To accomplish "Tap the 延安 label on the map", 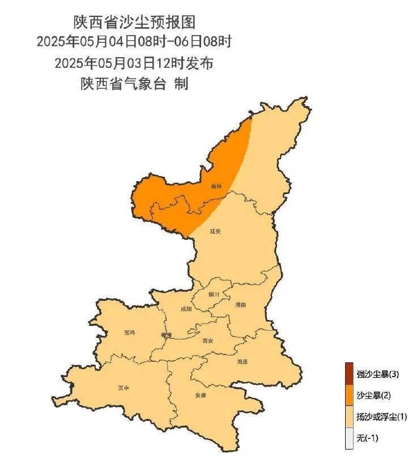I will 215,232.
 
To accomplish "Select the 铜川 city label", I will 214,294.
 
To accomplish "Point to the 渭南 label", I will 240,305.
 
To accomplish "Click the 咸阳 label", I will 186,309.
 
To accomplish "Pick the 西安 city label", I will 208,341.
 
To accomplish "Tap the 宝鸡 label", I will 129,332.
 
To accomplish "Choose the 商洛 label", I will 243,361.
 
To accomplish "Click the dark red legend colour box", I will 349,374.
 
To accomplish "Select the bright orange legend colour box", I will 349,395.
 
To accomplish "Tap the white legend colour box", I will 349,438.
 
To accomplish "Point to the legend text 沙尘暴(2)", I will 374,395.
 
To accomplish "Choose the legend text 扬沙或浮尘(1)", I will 381,417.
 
